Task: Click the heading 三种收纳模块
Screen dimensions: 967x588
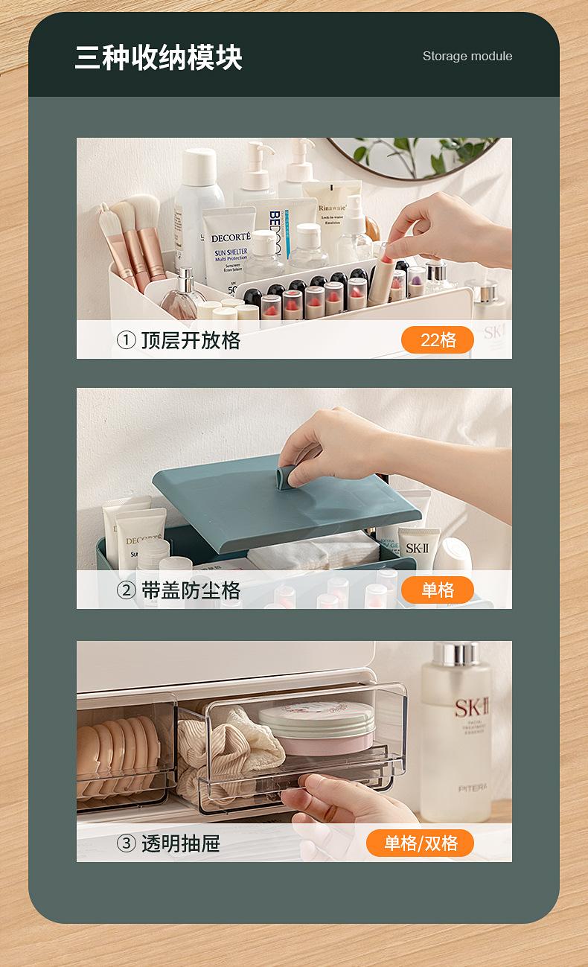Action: (159, 57)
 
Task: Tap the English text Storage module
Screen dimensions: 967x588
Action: (467, 56)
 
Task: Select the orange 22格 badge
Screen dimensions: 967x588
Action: (438, 340)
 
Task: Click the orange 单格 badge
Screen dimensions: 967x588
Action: (438, 590)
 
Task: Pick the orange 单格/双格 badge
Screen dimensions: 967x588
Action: (421, 843)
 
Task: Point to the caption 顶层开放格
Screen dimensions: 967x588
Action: (191, 340)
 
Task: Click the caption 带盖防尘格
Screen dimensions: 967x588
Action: (191, 590)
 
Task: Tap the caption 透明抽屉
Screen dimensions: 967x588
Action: (180, 843)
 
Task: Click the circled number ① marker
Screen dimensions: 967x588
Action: (127, 340)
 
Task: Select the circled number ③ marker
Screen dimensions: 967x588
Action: (127, 843)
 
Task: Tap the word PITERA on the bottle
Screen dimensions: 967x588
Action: (472, 788)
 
